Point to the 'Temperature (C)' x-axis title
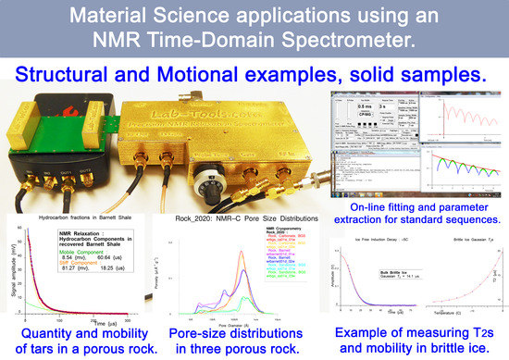(x=463, y=314)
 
